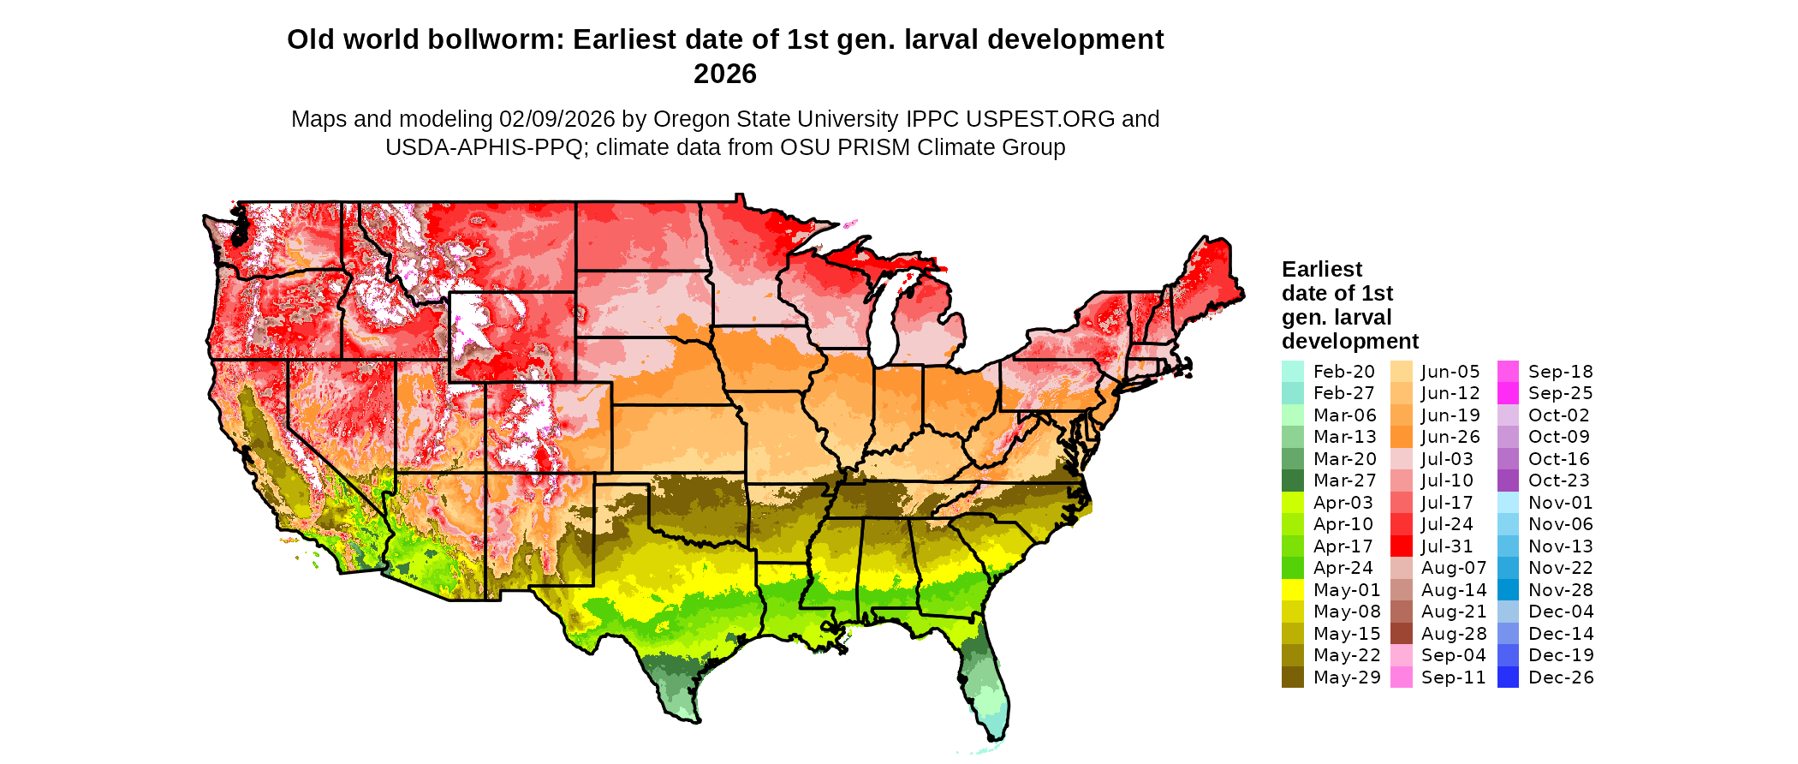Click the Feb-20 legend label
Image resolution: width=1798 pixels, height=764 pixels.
[1343, 372]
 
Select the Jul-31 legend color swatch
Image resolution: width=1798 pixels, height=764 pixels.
[1401, 546]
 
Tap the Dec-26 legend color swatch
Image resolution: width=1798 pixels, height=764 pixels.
[1508, 677]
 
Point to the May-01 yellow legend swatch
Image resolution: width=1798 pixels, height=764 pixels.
[1292, 590]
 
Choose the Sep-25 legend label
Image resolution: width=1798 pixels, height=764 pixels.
[1560, 393]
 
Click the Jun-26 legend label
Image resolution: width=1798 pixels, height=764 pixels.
[1450, 437]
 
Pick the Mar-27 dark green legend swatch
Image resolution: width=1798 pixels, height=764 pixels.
[1292, 480]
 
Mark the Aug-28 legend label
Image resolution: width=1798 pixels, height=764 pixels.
[1453, 634]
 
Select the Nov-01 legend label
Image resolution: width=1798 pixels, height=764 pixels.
[1558, 503]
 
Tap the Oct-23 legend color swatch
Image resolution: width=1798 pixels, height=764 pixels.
[1508, 480]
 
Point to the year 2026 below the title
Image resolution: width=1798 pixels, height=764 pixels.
[724, 75]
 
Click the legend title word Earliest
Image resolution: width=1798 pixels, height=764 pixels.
[1321, 270]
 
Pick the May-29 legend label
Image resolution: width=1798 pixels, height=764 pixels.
[1347, 677]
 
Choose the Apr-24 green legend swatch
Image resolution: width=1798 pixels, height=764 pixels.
[1292, 568]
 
